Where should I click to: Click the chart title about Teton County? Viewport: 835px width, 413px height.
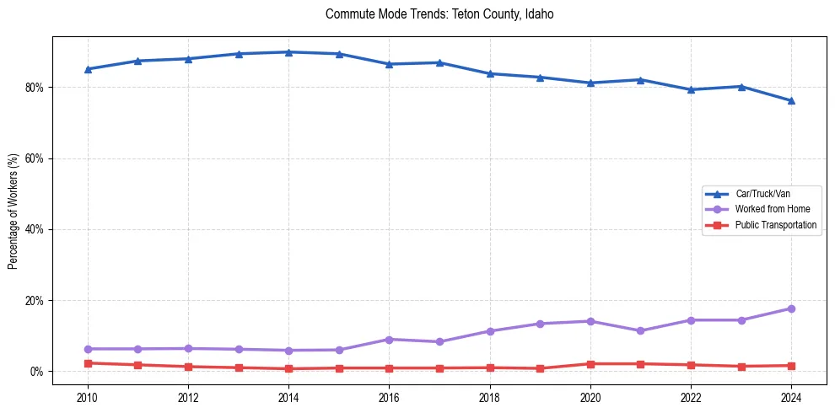(439, 14)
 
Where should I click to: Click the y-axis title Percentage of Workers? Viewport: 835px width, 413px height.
(13, 211)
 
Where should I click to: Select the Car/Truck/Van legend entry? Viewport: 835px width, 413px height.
(762, 194)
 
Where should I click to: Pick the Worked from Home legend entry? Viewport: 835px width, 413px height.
(772, 209)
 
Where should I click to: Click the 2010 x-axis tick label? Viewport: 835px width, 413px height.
(88, 397)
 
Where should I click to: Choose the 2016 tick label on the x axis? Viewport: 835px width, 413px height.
(389, 397)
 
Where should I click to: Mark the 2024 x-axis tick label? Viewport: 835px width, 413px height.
(791, 397)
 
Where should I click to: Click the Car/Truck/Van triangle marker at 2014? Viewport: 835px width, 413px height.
(288, 52)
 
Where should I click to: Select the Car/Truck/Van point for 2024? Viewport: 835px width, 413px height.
(791, 101)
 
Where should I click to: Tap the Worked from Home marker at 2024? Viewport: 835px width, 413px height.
(791, 308)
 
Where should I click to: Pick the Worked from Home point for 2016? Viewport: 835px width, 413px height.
(389, 340)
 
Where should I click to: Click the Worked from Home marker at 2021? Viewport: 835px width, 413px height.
(640, 331)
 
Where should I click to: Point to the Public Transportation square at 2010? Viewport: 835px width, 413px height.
(88, 363)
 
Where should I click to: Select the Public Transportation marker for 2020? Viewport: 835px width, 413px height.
(590, 364)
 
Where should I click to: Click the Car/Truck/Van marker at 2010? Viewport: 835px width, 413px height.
(88, 69)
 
